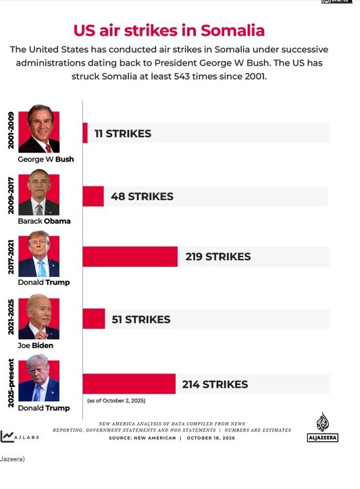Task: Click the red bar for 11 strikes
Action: coord(85,133)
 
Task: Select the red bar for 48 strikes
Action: coord(93,196)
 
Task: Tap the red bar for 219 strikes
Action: coord(130,257)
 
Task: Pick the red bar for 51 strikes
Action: coord(94,318)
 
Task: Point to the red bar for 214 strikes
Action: coord(129,384)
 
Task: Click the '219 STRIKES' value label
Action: coord(218,257)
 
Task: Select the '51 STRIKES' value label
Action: coord(141,319)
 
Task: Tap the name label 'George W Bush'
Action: coord(46,159)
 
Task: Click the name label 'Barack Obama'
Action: coord(45,221)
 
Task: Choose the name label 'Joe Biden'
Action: coord(35,345)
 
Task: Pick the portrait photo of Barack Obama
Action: coord(39,192)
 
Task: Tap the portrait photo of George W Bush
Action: coord(39,128)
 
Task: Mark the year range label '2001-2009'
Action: coord(11,130)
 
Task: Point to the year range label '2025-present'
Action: coord(11,383)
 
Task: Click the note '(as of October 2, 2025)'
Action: coord(116,401)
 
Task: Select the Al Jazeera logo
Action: coord(323,427)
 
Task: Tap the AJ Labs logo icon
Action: coord(7,436)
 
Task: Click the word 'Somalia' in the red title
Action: coord(233,30)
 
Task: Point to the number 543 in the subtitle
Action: coord(182,76)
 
